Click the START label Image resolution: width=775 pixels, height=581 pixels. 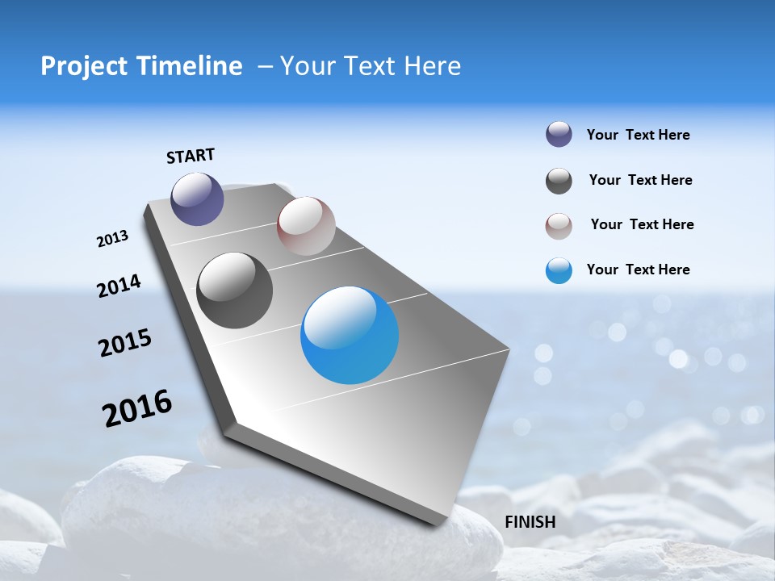click(x=191, y=156)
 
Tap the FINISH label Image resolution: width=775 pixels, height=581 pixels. click(x=530, y=521)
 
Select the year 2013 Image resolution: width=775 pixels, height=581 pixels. click(x=112, y=239)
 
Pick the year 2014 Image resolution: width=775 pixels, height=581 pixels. click(x=119, y=286)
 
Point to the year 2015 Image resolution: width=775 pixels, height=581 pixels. click(x=125, y=343)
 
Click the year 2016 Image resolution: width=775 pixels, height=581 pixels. click(x=137, y=408)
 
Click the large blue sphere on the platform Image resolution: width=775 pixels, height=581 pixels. click(x=350, y=335)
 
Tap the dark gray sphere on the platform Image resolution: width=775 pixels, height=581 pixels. click(x=235, y=290)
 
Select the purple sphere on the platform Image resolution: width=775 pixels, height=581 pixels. click(x=198, y=199)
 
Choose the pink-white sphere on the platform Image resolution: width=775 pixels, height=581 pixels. click(x=306, y=226)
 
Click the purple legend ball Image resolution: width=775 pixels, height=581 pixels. click(x=559, y=135)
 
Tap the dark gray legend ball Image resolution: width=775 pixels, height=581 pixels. click(x=559, y=181)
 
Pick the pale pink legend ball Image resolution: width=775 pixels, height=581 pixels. click(x=559, y=226)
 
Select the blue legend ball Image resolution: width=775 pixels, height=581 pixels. click(x=559, y=270)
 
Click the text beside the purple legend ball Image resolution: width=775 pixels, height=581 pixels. click(x=638, y=135)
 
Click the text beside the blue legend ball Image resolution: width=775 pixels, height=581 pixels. click(x=638, y=270)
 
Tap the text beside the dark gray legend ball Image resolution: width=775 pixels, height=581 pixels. click(x=640, y=180)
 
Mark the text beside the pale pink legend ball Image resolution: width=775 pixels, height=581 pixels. click(x=642, y=224)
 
